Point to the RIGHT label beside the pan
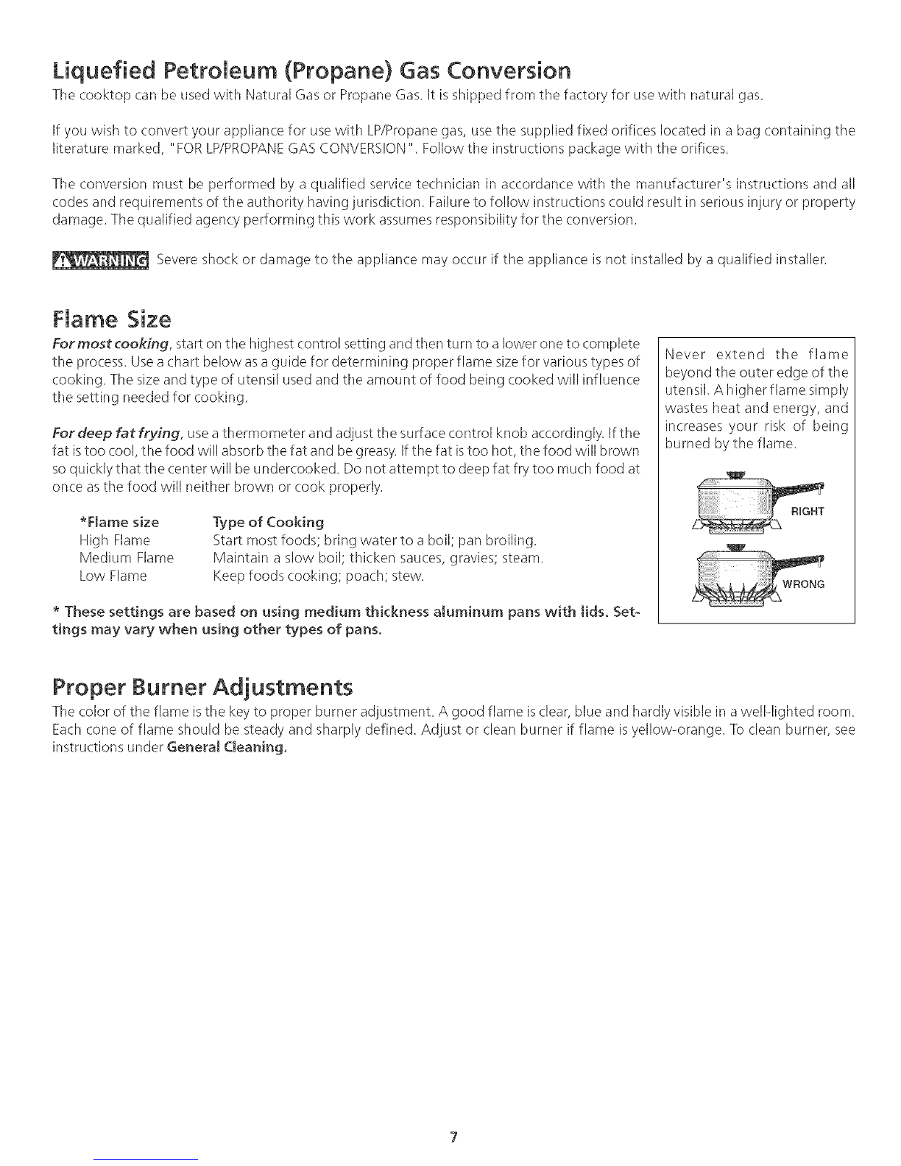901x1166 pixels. click(808, 511)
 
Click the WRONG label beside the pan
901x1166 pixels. click(804, 585)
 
